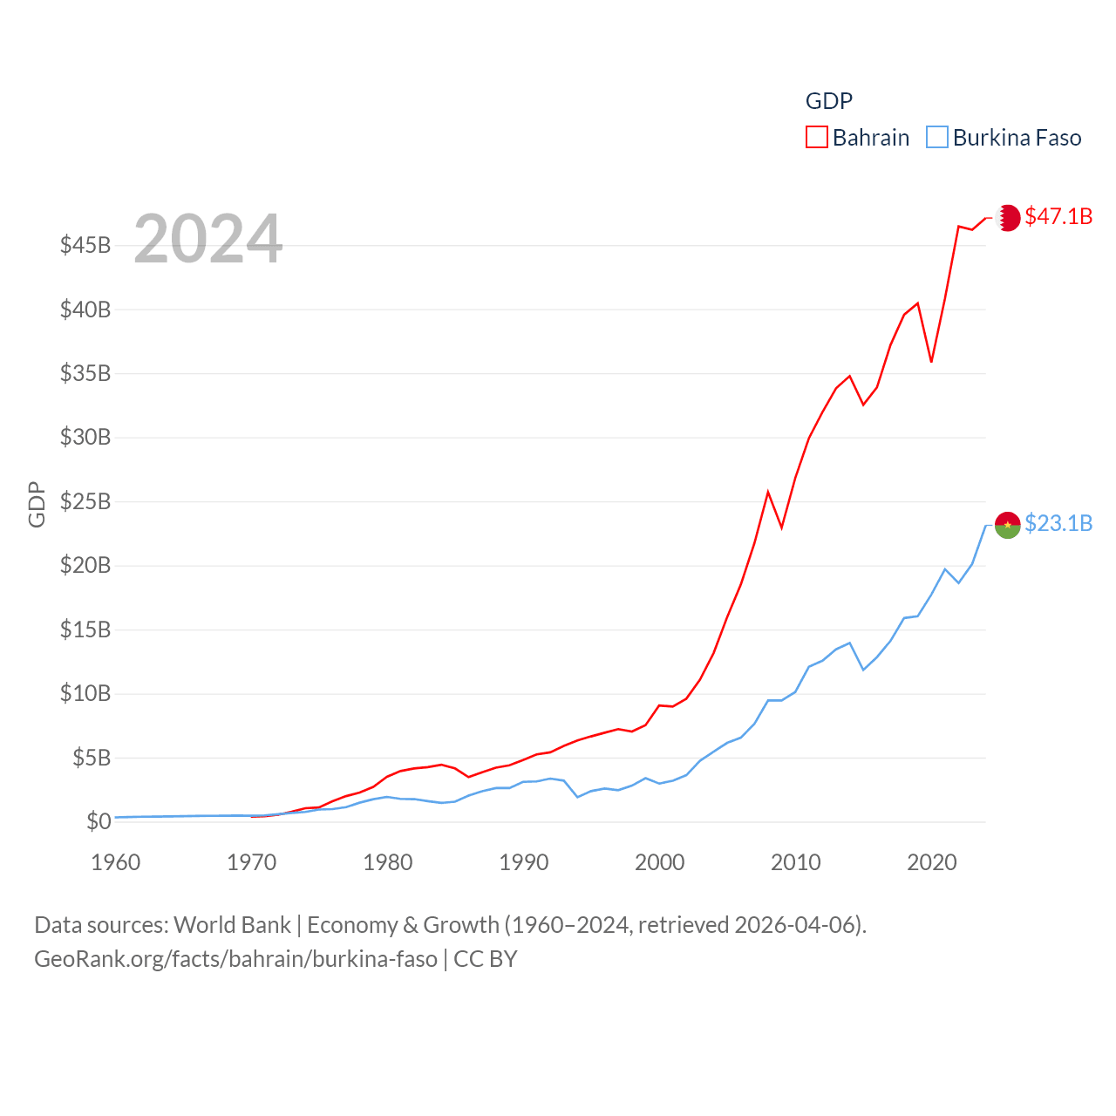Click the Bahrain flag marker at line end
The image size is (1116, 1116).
[1008, 217]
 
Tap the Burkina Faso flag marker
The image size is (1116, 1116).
[1008, 525]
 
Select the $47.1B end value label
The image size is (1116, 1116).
[1058, 216]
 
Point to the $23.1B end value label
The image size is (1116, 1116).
[1058, 523]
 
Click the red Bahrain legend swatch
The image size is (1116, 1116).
[816, 138]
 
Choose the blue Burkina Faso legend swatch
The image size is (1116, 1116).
[936, 138]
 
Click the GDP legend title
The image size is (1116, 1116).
[828, 101]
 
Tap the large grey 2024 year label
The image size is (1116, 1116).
[208, 238]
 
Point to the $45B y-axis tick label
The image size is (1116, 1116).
[85, 245]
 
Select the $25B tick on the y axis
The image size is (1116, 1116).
[85, 501]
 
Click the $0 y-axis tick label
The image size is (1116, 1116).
[99, 821]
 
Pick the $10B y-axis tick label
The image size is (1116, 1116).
[85, 694]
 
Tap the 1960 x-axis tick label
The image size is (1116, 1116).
[116, 862]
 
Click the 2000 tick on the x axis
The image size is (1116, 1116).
[660, 862]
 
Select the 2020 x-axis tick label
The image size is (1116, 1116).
[932, 862]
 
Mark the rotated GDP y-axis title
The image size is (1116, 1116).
[37, 504]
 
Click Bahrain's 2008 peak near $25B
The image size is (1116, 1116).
[768, 493]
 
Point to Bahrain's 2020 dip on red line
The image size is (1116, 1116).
[931, 361]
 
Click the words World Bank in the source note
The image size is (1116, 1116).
[232, 924]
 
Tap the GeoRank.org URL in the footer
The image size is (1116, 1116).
[235, 959]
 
